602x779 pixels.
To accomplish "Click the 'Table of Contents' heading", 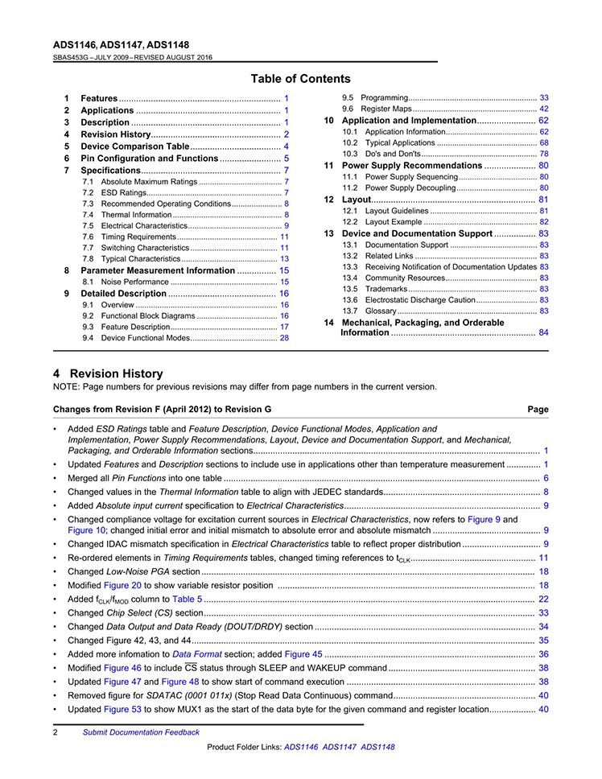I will click(x=300, y=79).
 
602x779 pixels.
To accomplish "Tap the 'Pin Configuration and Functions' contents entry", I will click(x=150, y=159).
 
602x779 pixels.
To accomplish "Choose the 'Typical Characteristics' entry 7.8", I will click(x=140, y=259).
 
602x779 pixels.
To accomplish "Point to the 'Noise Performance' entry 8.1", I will click(x=135, y=282).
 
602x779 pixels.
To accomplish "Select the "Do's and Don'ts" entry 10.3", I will click(x=393, y=154).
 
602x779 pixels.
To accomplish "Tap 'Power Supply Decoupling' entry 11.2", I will click(x=410, y=188).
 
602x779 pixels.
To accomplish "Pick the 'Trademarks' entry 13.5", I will click(x=387, y=289).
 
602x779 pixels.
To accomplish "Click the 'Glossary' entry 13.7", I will click(x=381, y=311).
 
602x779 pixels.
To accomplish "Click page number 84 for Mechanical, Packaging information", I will click(x=544, y=332).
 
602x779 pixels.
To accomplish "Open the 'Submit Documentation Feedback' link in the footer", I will click(x=141, y=732).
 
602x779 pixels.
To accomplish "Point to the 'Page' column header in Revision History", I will click(x=538, y=410).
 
